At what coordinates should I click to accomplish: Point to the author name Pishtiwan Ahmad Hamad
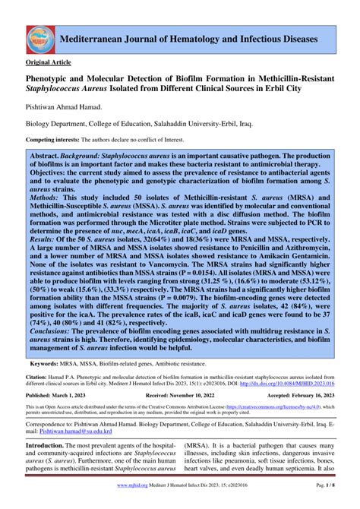tap(65, 109)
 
